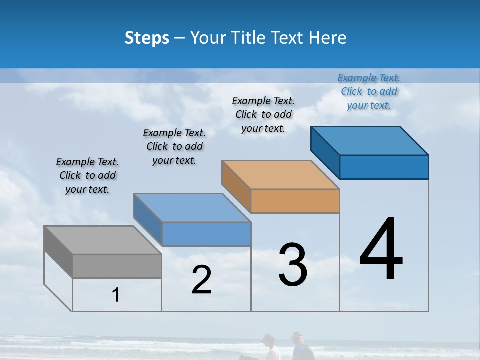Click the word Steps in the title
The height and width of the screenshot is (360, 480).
click(x=147, y=38)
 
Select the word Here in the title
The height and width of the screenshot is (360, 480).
click(x=328, y=38)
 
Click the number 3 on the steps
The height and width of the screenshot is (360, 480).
click(x=293, y=265)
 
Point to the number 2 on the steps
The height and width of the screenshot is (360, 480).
click(x=201, y=280)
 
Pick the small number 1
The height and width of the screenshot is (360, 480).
click(x=116, y=295)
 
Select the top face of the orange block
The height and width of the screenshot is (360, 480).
click(x=280, y=175)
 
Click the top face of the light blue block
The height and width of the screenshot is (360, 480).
click(x=192, y=208)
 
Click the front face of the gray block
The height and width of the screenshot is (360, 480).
click(x=117, y=266)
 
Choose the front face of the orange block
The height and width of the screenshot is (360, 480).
click(x=295, y=201)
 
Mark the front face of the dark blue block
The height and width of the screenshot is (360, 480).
click(x=384, y=167)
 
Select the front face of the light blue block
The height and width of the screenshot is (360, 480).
click(x=206, y=234)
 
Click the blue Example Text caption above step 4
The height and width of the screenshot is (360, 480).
click(x=369, y=91)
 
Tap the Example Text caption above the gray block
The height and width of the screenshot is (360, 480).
click(x=87, y=175)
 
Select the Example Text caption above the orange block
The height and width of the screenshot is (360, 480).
click(x=263, y=114)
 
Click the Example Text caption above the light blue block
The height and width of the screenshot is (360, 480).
click(x=174, y=146)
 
